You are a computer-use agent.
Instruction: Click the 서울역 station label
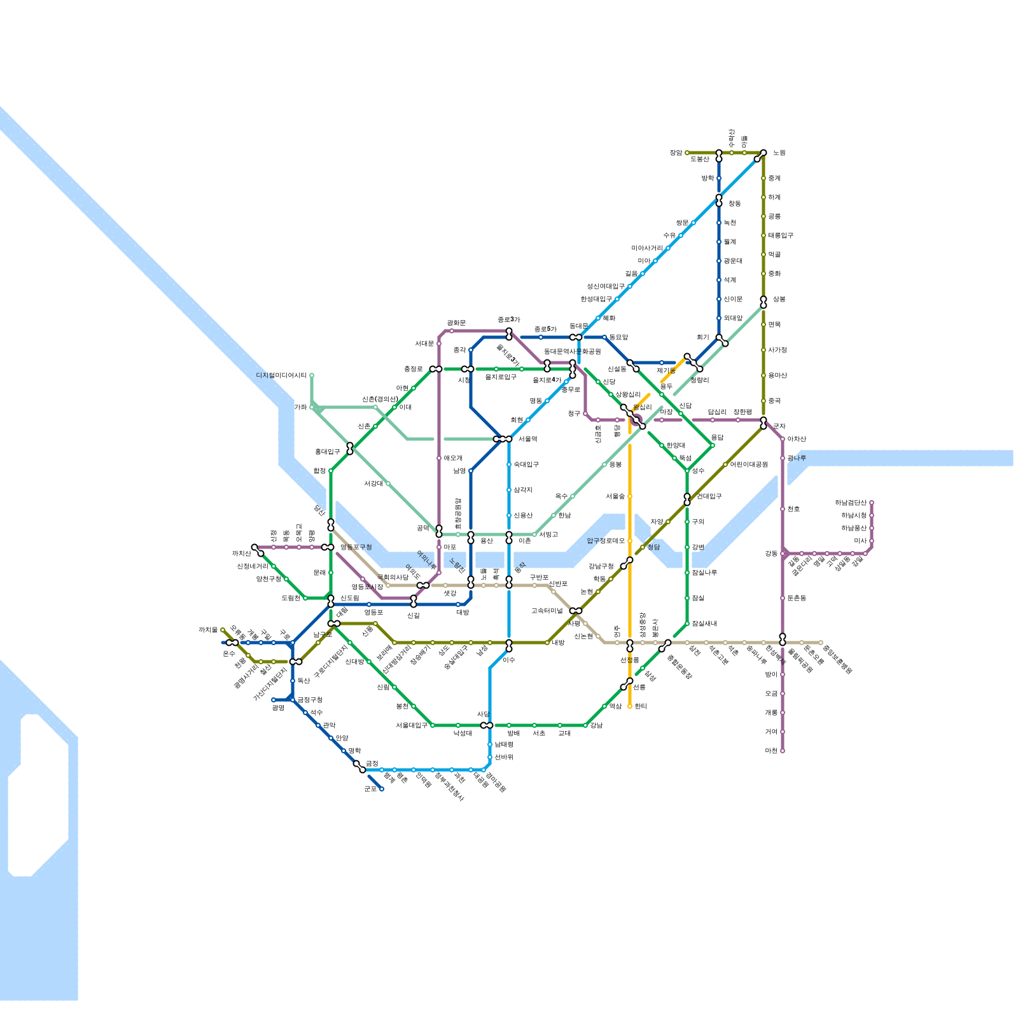pyautogui.click(x=527, y=439)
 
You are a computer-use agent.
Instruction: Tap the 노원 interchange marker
pyautogui.click(x=760, y=155)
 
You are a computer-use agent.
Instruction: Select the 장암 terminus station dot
pyautogui.click(x=687, y=153)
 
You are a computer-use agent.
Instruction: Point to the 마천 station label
pyautogui.click(x=771, y=751)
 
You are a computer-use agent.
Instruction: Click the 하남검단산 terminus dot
pyautogui.click(x=872, y=503)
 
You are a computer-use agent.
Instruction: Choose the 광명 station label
pyautogui.click(x=278, y=708)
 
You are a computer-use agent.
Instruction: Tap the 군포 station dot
pyautogui.click(x=382, y=789)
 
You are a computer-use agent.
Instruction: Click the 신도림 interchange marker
pyautogui.click(x=331, y=601)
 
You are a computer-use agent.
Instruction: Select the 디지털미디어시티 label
pyautogui.click(x=281, y=375)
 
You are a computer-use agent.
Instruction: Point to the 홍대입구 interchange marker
pyautogui.click(x=350, y=449)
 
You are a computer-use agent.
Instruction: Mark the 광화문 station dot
pyautogui.click(x=452, y=331)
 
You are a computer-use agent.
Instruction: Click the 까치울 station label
pyautogui.click(x=208, y=630)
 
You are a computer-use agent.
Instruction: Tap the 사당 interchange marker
pyautogui.click(x=487, y=725)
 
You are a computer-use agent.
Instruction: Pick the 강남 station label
pyautogui.click(x=596, y=725)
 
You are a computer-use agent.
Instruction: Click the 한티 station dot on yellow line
pyautogui.click(x=630, y=706)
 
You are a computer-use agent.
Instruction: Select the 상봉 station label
pyautogui.click(x=779, y=299)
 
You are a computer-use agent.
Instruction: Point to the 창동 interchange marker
pyautogui.click(x=719, y=200)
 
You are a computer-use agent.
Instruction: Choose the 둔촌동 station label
pyautogui.click(x=797, y=598)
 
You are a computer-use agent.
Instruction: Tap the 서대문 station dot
pyautogui.click(x=439, y=344)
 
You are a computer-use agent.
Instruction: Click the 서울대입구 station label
pyautogui.click(x=412, y=725)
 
